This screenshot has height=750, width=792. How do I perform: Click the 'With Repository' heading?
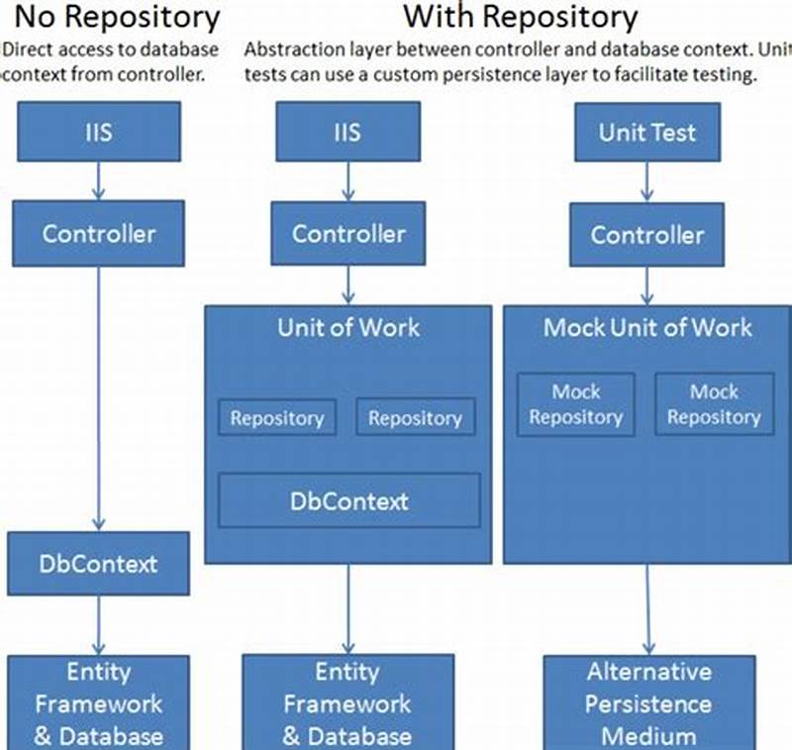(521, 17)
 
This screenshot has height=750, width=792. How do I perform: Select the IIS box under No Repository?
(98, 132)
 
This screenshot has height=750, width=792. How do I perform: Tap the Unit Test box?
(647, 132)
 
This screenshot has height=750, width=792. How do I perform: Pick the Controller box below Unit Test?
(647, 235)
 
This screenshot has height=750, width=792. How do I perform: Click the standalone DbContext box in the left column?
(98, 564)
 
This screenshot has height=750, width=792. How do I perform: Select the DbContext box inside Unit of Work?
(348, 500)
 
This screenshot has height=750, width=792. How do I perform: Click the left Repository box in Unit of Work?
(277, 418)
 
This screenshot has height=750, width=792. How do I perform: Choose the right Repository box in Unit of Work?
(415, 418)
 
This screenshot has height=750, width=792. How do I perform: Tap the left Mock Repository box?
(576, 404)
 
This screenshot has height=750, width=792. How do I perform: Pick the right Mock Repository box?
(714, 404)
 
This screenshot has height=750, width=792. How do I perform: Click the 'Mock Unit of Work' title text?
(647, 328)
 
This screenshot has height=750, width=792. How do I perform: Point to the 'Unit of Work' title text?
(348, 328)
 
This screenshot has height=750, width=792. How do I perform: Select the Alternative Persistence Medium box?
(647, 703)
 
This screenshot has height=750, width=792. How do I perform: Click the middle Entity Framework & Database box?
(348, 703)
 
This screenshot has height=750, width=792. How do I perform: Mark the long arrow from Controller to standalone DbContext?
(98, 396)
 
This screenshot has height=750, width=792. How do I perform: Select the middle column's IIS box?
(348, 132)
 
